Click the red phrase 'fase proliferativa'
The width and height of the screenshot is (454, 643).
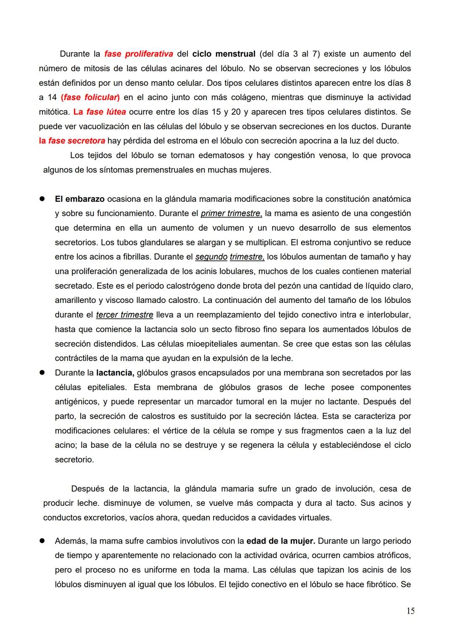point(138,54)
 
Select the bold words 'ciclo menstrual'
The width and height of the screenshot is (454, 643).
point(224,54)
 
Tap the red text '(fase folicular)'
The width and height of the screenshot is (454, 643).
point(90,98)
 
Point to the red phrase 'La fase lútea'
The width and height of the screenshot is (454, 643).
point(100,112)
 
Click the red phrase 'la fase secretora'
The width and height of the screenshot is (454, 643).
point(72,141)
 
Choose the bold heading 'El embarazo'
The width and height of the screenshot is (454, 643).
point(79,199)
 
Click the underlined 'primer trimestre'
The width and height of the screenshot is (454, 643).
point(231,213)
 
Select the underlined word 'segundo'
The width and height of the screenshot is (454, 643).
point(211,257)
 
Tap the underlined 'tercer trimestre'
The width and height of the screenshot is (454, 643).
point(124,315)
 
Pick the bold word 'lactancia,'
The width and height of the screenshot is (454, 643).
point(115,373)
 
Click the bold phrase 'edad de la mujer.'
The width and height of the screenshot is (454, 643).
point(280,541)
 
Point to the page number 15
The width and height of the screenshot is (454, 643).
point(411,611)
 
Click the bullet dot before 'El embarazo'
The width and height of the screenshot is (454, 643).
point(42,199)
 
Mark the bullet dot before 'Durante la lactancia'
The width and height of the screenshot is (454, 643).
point(42,373)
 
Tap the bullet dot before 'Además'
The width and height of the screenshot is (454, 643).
point(42,541)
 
